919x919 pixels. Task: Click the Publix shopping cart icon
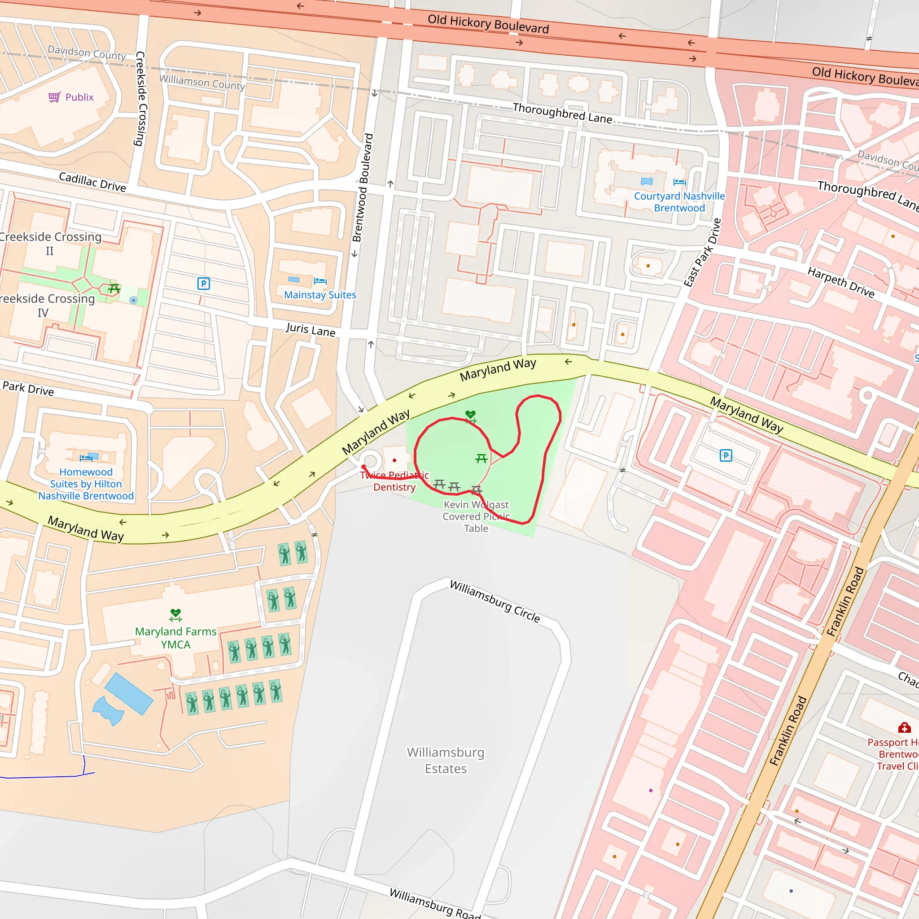[54, 97]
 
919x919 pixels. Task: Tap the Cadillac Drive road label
[92, 182]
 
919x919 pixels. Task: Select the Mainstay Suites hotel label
[319, 295]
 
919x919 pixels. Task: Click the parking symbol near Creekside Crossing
[204, 284]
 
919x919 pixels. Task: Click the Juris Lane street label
[310, 329]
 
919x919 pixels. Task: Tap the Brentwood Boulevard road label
[363, 188]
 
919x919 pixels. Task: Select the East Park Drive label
[703, 253]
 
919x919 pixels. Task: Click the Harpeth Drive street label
[840, 283]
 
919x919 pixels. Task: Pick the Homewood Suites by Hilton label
[86, 484]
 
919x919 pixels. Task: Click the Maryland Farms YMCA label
[175, 638]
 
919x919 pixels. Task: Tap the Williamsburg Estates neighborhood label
[446, 760]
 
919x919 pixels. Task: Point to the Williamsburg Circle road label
[495, 601]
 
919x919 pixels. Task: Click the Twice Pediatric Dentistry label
[394, 481]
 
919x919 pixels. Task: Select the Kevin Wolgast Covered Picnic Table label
[476, 516]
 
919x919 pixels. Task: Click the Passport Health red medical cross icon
[904, 728]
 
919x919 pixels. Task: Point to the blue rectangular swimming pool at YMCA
[128, 694]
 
